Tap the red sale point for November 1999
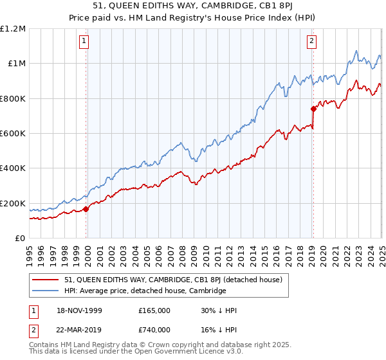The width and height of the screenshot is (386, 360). [86, 209]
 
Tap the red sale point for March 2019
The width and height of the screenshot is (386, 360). [313, 109]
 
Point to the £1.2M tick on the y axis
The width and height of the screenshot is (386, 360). [13, 29]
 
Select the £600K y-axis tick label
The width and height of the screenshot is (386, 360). [13, 134]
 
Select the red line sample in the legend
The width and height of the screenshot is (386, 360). [45, 280]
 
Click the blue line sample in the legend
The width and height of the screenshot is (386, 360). [45, 291]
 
